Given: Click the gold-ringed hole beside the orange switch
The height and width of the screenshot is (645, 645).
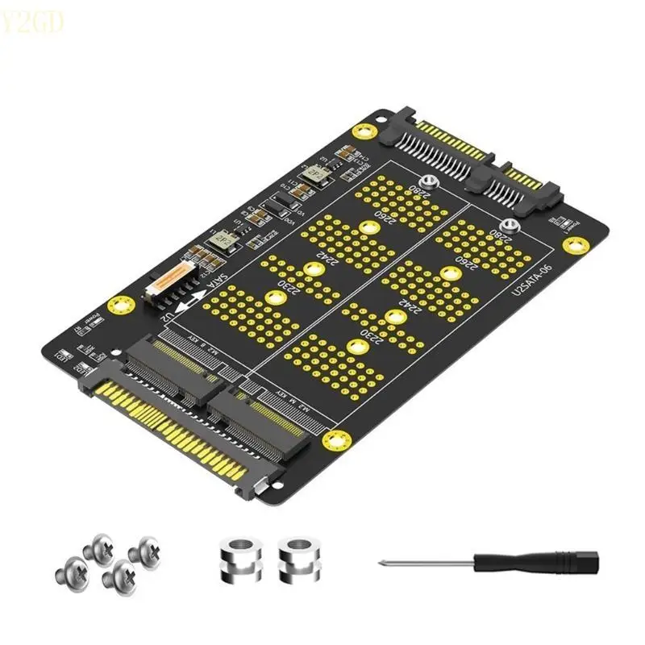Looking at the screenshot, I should coord(123,305).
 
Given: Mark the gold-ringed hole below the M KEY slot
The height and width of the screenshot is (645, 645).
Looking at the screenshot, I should coord(335,439).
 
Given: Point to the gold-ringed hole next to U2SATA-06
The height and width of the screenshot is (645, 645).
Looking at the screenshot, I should coord(574,245).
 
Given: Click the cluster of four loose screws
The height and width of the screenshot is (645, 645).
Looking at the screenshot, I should coord(105,558).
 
